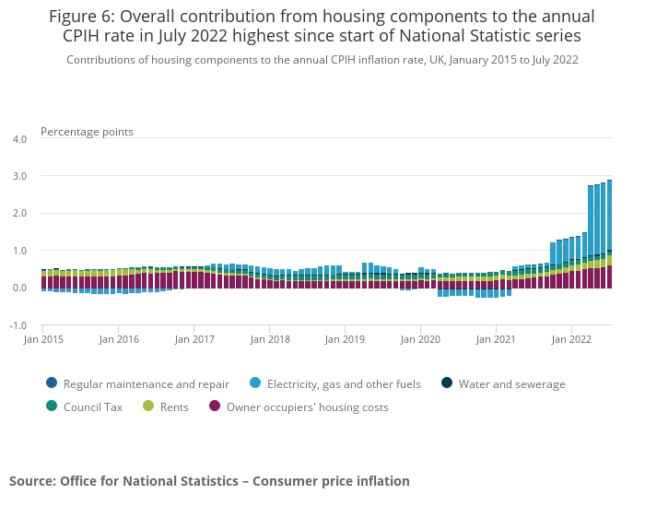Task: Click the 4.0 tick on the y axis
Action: click(19, 139)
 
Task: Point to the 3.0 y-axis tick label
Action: click(19, 176)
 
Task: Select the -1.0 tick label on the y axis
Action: click(18, 325)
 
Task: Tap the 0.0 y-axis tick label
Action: click(19, 288)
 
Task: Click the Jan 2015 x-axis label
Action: click(43, 339)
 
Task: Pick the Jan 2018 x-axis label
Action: click(269, 339)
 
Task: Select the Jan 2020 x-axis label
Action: click(420, 339)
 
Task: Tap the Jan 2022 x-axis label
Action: click(571, 339)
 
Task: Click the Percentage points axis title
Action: click(87, 132)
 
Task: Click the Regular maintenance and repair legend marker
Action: click(51, 384)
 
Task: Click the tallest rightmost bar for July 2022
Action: click(610, 230)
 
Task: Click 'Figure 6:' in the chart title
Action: click(83, 17)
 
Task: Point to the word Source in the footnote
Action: click(33, 481)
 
